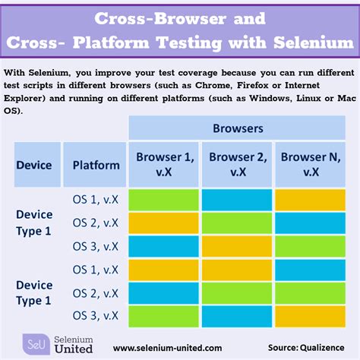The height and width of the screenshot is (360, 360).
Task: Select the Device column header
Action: pos(33,165)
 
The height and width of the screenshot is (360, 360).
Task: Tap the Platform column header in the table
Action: pos(96,165)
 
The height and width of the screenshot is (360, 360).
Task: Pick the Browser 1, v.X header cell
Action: pos(165,164)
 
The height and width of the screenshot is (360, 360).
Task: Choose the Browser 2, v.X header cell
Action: pos(238,164)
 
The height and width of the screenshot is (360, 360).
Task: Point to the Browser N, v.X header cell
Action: pos(311,164)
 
